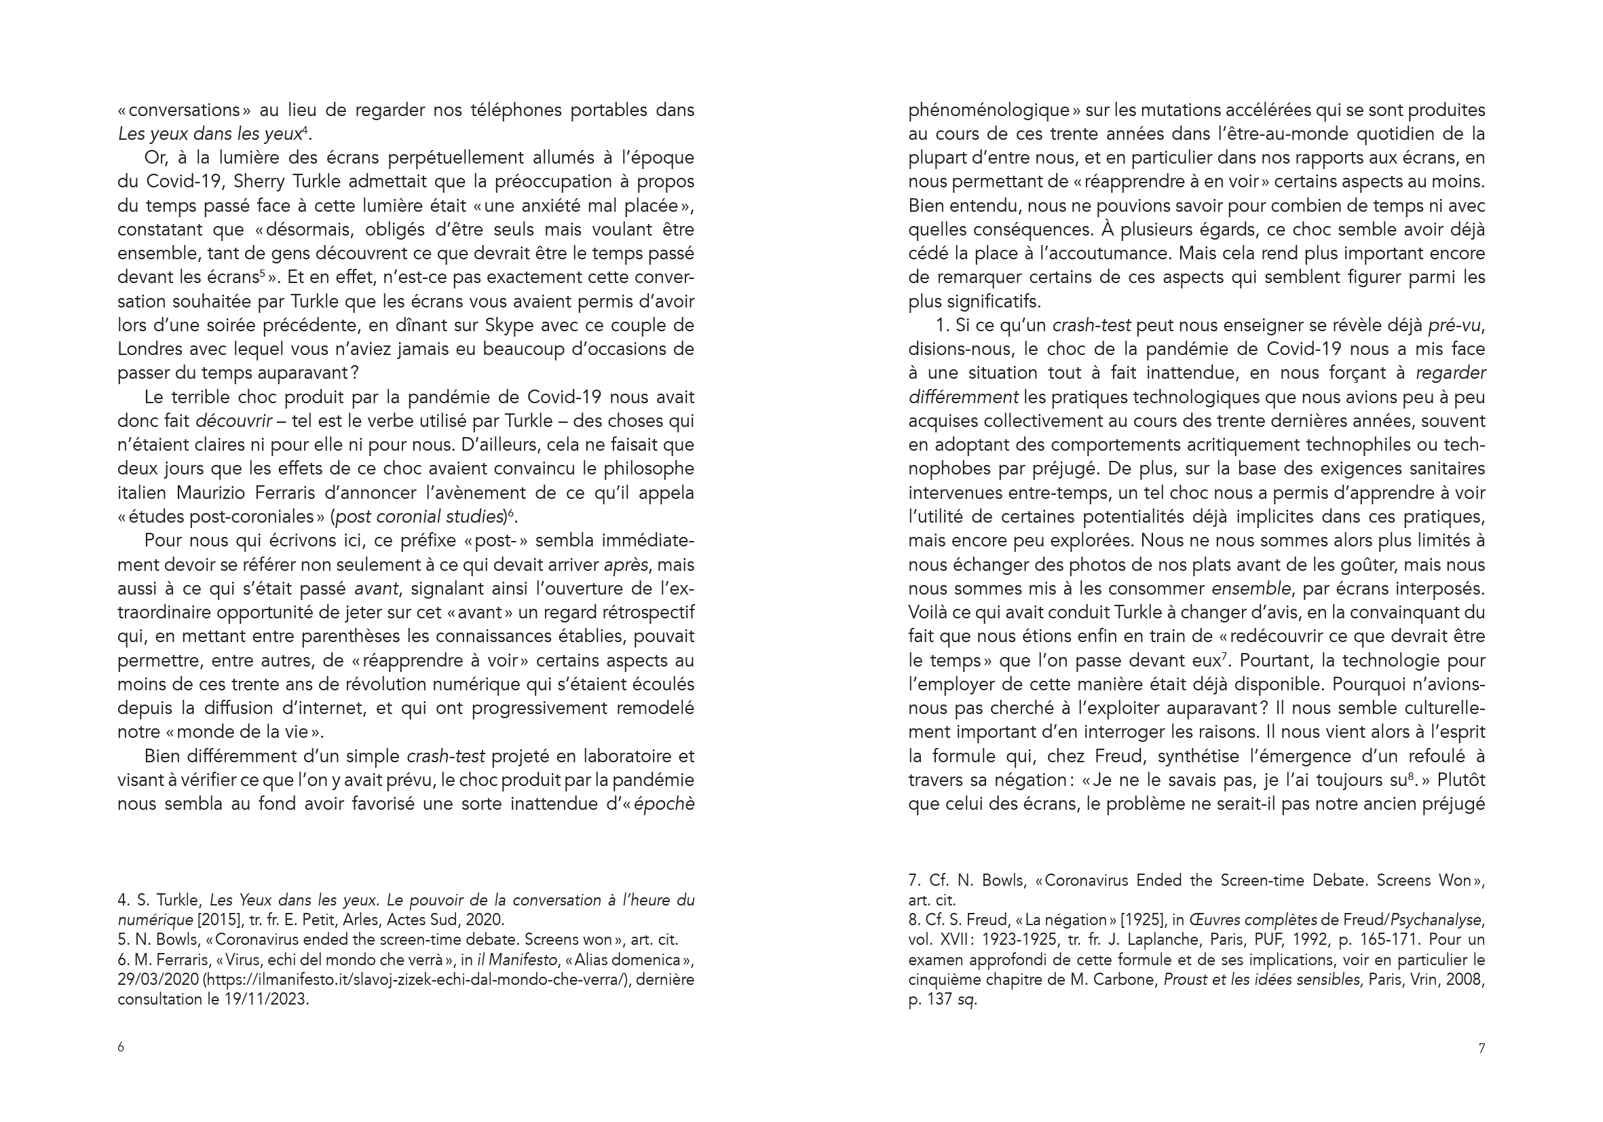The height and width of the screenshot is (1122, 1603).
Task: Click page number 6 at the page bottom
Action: [121, 1047]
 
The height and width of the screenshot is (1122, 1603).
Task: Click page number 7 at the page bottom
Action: [1482, 1048]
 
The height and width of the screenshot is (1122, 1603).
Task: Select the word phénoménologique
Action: [989, 111]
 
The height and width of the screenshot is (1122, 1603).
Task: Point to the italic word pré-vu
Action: [1455, 325]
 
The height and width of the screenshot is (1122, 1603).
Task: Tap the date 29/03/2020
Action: [159, 979]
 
